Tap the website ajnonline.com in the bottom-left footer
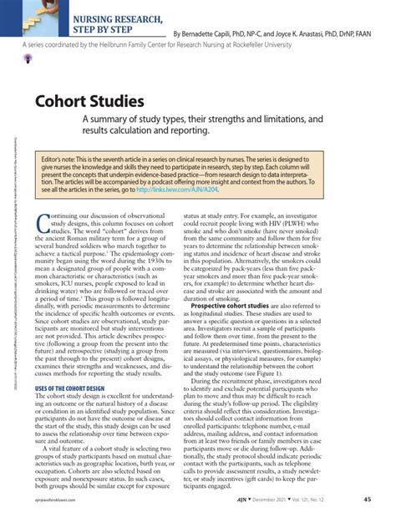pyautogui.click(x=50, y=524)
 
